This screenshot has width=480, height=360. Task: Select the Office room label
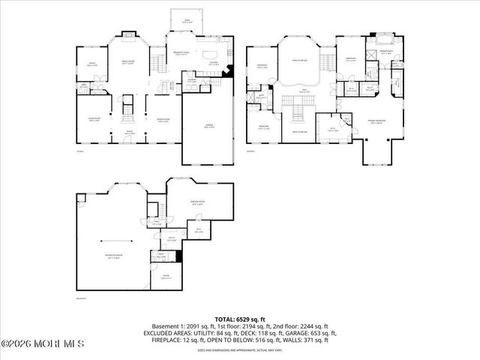91,65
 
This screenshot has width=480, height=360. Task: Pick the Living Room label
94,119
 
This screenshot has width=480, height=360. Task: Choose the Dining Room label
162,119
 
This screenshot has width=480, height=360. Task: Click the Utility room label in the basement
171,238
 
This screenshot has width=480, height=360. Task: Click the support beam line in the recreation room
113,241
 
